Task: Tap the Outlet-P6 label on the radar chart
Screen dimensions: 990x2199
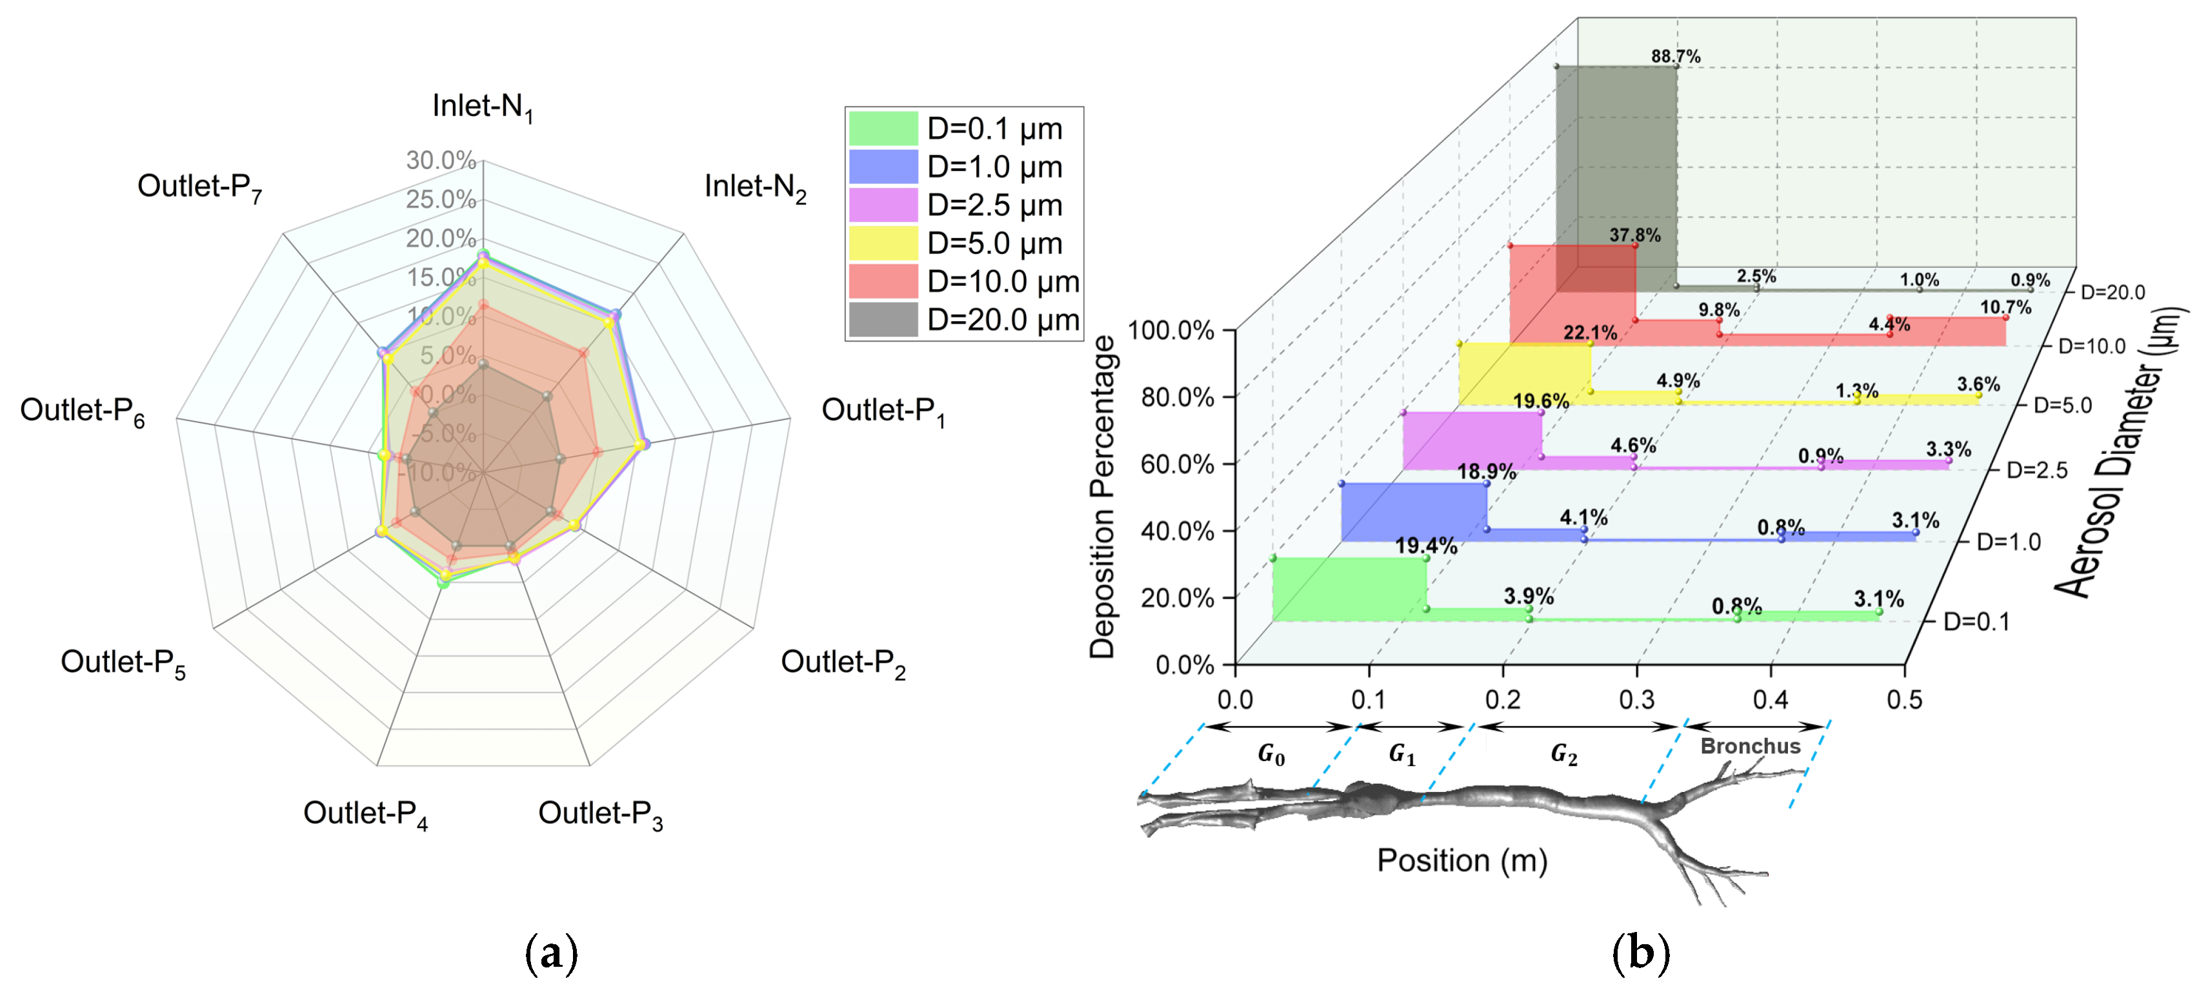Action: [x=82, y=411]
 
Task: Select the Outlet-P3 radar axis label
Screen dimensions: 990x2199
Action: [x=600, y=814]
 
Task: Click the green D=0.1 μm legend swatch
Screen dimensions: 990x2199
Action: [x=883, y=129]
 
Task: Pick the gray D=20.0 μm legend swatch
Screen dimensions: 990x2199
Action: [x=883, y=320]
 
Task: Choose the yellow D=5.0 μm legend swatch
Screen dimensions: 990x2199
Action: [x=883, y=243]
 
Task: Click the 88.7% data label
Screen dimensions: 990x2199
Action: [x=1675, y=56]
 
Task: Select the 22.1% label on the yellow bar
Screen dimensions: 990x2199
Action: [x=1589, y=333]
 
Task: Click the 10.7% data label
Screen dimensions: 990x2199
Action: [x=2005, y=306]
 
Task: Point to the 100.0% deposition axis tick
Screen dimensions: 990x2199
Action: [x=1171, y=330]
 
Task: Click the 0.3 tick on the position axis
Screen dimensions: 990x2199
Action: [x=1636, y=700]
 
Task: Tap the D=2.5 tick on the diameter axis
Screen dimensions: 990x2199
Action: [x=2036, y=470]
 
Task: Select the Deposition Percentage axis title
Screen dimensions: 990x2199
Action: [x=1102, y=497]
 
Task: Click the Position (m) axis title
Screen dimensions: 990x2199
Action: [x=1461, y=860]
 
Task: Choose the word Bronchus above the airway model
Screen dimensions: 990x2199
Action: [x=1750, y=746]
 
